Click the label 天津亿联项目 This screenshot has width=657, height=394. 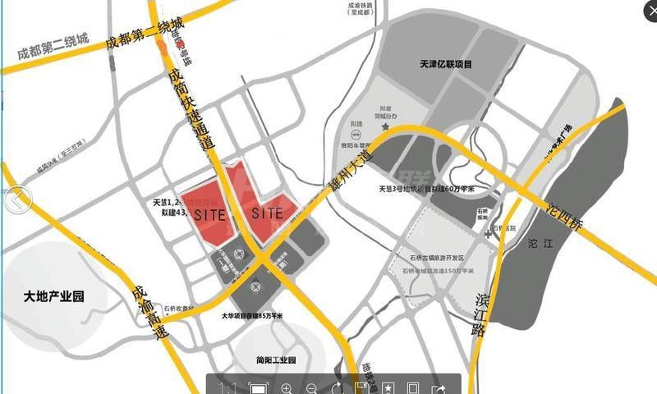click(x=447, y=64)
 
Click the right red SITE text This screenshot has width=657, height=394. click(x=268, y=213)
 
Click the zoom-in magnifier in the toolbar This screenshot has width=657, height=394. click(x=287, y=387)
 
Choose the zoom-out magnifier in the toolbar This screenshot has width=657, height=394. click(x=311, y=387)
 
